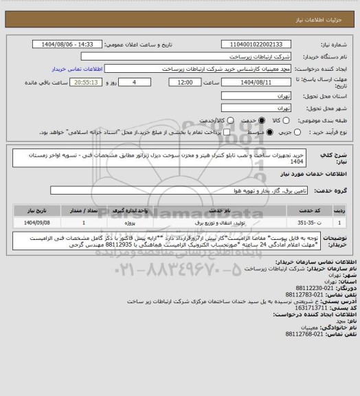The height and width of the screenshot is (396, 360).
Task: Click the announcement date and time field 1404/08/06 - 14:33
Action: pos(74,44)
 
